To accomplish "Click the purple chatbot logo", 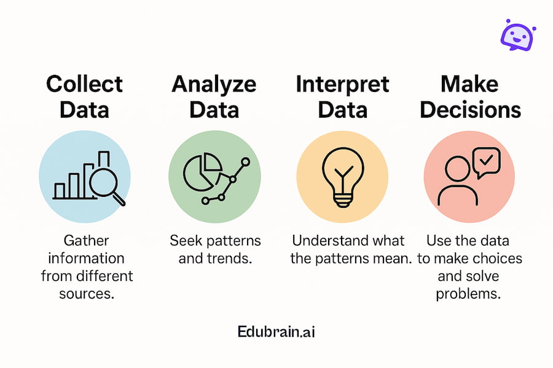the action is coord(518,35).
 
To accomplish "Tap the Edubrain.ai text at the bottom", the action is coord(276,332).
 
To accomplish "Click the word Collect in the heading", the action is coord(85,84).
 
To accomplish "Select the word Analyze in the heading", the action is coord(214,85).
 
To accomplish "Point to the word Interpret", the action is coord(342,85).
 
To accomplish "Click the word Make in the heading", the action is coord(469,84).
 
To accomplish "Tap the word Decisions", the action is coord(471,110).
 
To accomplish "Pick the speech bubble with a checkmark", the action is coord(487,163).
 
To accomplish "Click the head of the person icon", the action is coord(457,169).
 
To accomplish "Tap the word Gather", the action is coord(87,241).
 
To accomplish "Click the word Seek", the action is coord(186,241).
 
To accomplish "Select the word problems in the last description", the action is coord(468,294).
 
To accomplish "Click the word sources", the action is coord(87,294).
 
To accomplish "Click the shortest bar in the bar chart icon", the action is coord(60,191).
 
